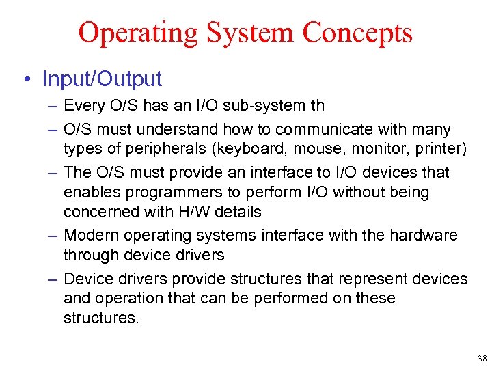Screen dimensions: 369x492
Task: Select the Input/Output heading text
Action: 102,79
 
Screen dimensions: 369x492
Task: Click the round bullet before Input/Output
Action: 26,79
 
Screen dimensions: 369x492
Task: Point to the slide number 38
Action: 482,358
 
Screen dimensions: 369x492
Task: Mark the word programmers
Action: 174,193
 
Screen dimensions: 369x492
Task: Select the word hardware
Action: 424,235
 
